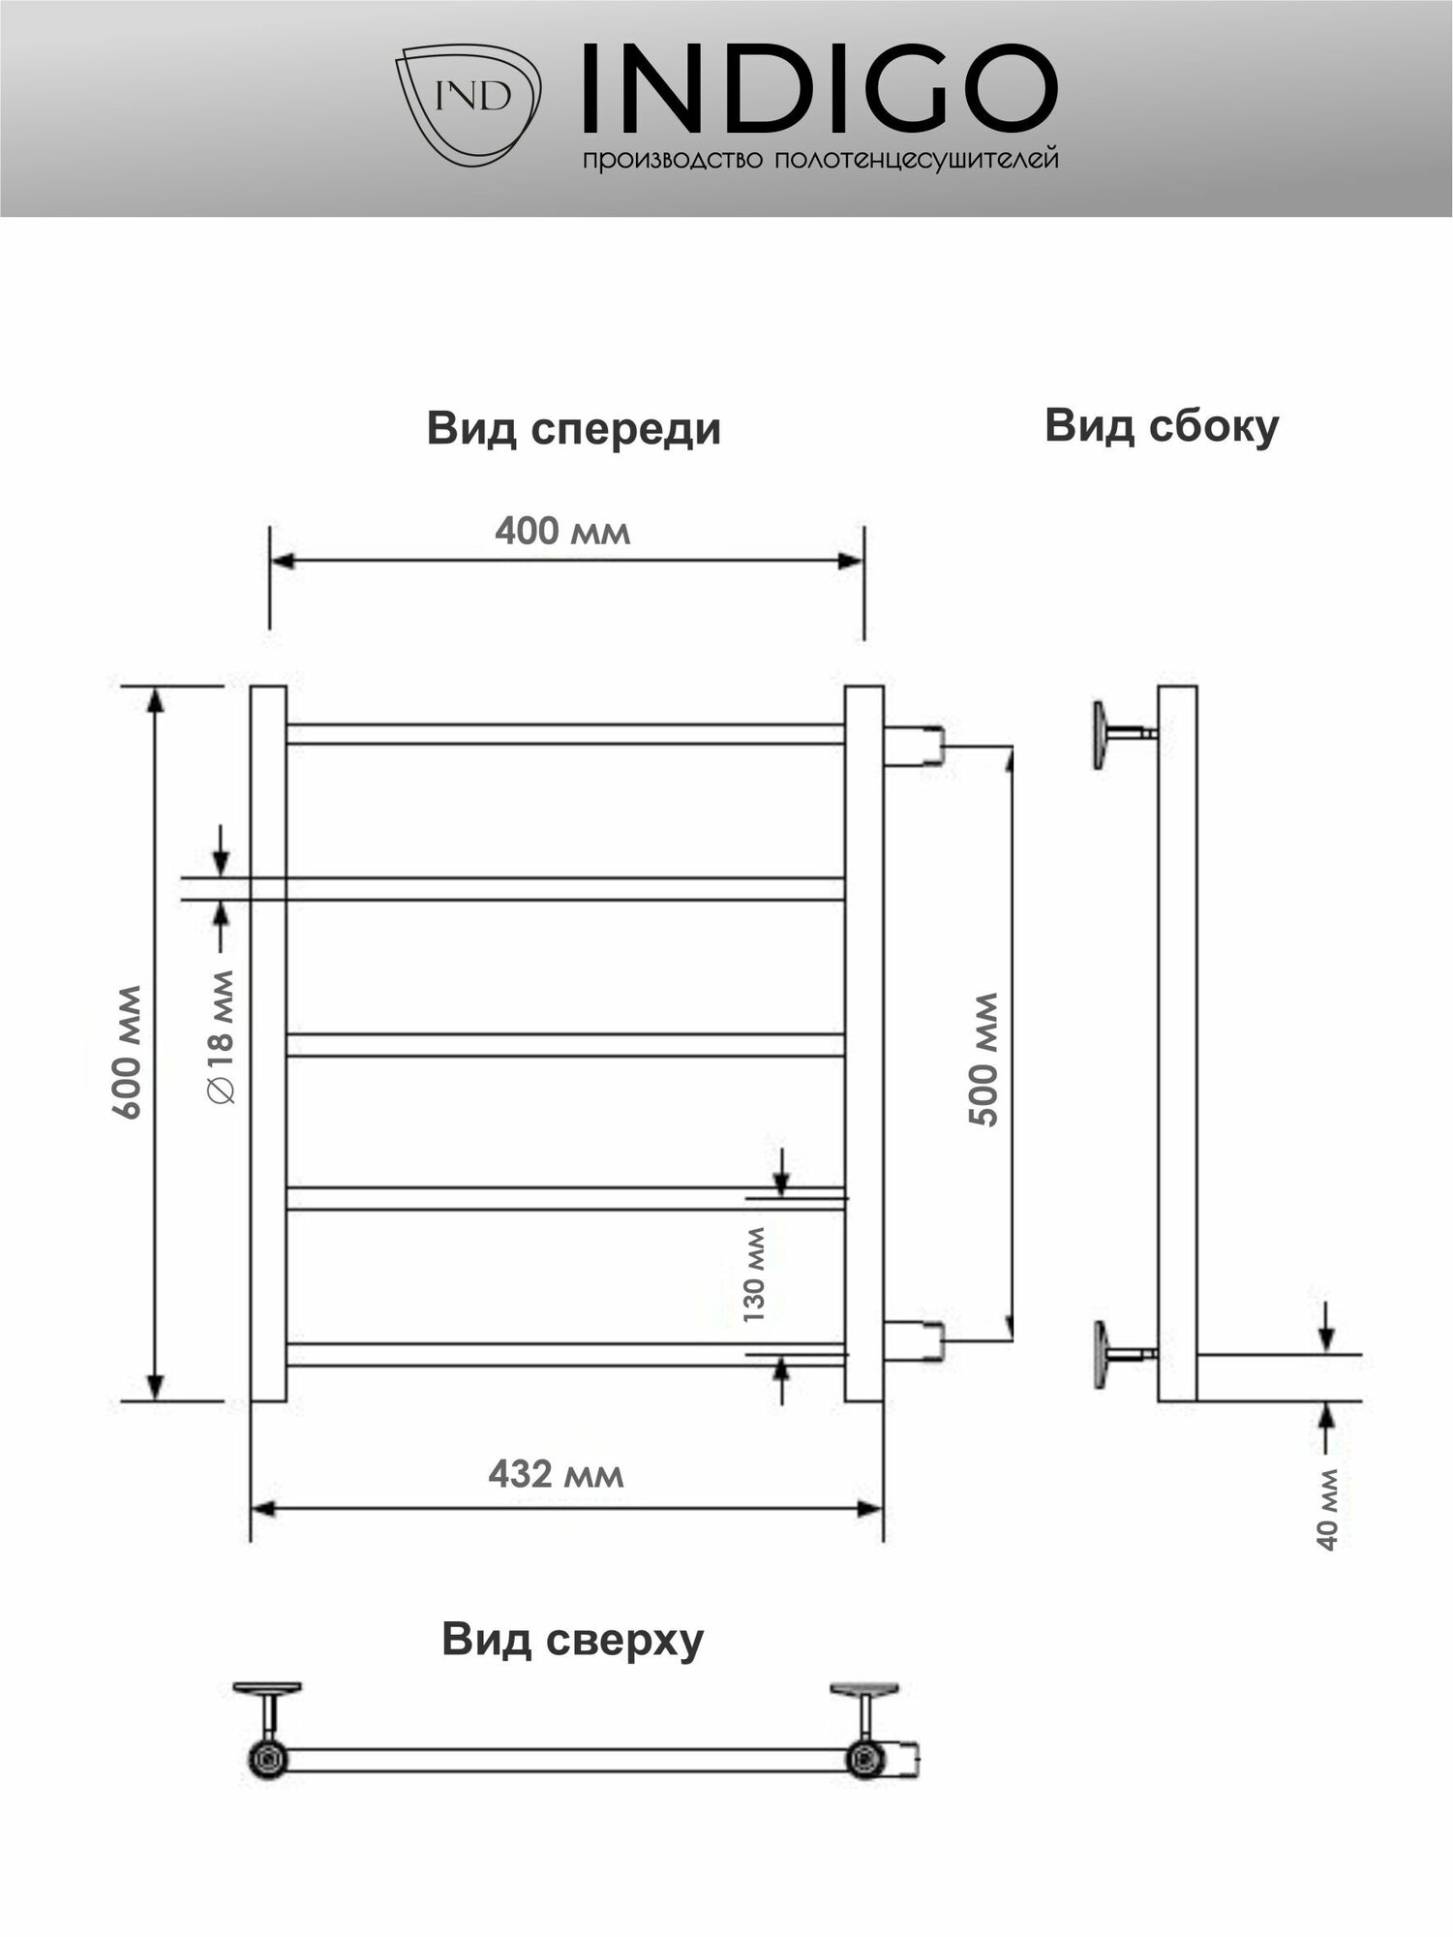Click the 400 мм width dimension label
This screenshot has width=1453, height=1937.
[x=562, y=531]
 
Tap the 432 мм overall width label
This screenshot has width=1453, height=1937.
[x=556, y=1473]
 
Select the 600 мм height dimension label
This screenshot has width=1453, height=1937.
[x=128, y=1052]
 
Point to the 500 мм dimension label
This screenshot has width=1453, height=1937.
[x=984, y=1059]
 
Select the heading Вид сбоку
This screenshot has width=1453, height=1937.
[x=1162, y=426]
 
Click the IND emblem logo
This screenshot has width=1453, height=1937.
[x=469, y=102]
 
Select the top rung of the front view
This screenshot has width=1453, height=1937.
[x=564, y=734]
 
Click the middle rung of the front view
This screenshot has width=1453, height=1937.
[x=564, y=1045]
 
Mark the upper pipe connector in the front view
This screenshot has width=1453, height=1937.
[x=914, y=747]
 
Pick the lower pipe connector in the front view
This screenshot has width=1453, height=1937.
[x=914, y=1341]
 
